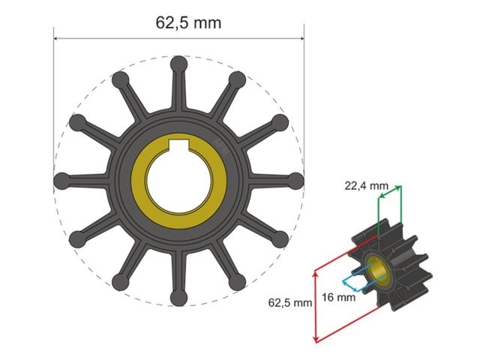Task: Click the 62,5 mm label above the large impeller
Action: tap(188, 22)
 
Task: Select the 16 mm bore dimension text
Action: tap(339, 298)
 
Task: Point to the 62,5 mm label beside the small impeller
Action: tap(289, 303)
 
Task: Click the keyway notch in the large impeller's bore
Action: tap(178, 144)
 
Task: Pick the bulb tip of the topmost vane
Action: tap(178, 64)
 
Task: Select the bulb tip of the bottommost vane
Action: tap(178, 298)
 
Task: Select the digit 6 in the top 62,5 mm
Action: tap(160, 22)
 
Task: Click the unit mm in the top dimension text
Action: tap(208, 22)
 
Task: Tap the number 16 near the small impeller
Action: tap(328, 298)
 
